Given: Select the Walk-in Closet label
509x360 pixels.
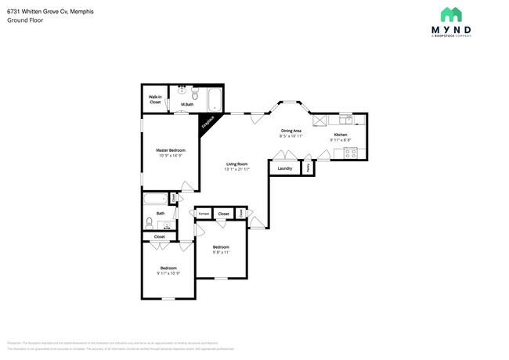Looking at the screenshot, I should click(155, 99).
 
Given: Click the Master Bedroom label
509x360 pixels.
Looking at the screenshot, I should click(170, 149).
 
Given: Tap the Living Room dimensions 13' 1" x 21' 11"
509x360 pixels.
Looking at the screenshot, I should click(236, 169).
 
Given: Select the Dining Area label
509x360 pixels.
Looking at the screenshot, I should click(291, 131).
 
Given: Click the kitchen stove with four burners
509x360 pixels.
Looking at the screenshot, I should click(352, 154).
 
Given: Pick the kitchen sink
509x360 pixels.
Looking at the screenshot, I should click(346, 120).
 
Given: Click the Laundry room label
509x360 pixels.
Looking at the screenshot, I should click(285, 167).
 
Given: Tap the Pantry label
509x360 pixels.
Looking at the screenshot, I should click(308, 167).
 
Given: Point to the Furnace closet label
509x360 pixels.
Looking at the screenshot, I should click(204, 213).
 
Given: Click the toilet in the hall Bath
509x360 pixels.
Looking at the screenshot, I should click(149, 222).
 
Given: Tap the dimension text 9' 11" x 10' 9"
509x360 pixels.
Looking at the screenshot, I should click(168, 273).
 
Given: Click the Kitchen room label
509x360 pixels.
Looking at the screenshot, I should click(341, 135).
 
